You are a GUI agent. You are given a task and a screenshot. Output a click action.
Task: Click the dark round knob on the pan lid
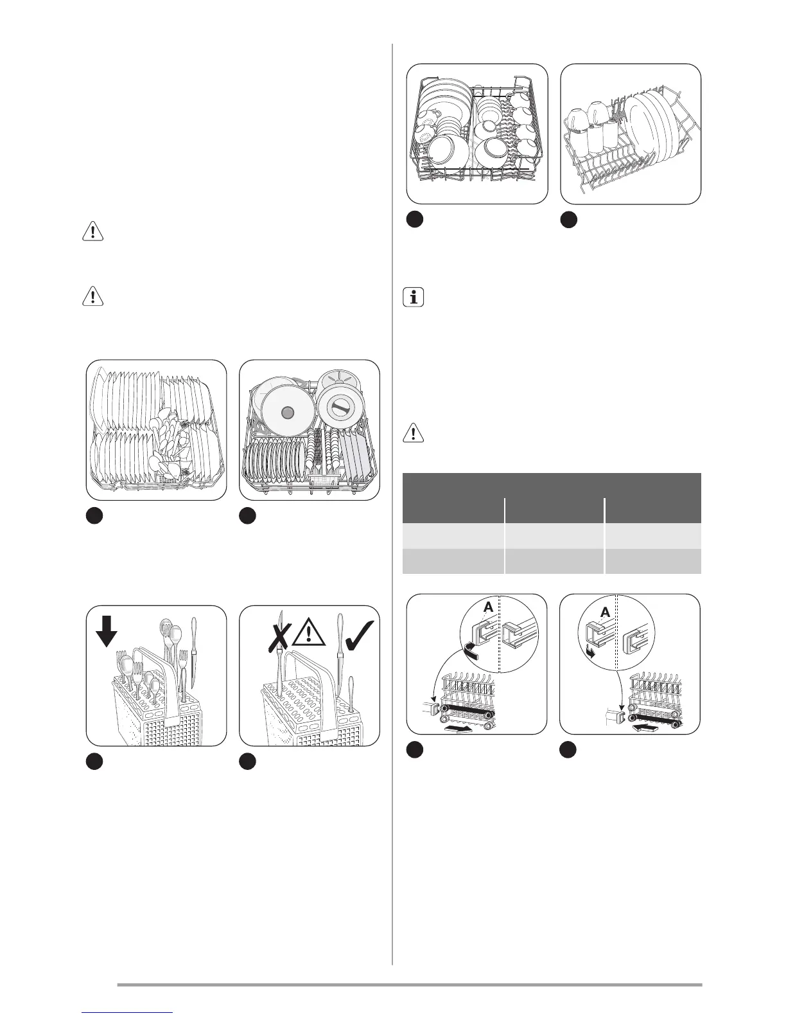click(x=286, y=411)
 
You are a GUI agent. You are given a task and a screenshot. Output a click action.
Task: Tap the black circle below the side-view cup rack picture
click(x=568, y=220)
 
